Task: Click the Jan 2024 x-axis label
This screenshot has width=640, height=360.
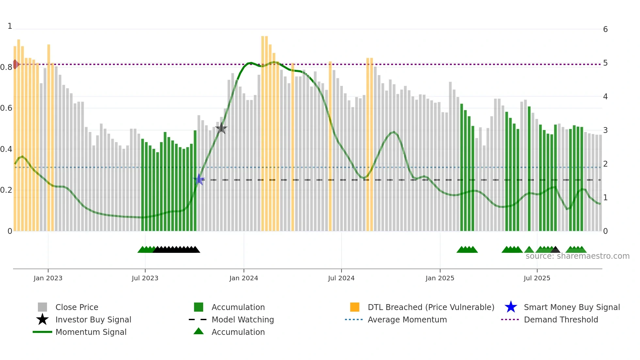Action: coord(244,278)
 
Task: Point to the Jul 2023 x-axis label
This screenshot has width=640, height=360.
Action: coord(145,278)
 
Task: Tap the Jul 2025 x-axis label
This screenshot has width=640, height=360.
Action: coord(537,278)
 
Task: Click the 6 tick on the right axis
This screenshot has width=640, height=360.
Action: coord(605,29)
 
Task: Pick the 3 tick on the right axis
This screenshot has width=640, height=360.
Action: coord(605,130)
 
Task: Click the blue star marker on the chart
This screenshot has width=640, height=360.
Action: coord(199,179)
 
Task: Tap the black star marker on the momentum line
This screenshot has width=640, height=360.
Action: coord(221,128)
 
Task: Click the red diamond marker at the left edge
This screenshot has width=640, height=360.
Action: coord(15,64)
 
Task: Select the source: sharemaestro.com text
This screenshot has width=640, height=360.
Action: coord(577,256)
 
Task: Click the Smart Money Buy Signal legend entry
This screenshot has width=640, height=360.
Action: coord(571,307)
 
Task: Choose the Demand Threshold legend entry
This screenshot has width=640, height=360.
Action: coord(561,319)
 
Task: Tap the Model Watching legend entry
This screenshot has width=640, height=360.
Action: coord(242,319)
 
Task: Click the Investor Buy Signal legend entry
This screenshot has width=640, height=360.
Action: coord(93,319)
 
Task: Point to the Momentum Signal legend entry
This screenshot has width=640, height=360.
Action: coord(91,332)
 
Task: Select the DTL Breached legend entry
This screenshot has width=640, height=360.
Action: coord(431,307)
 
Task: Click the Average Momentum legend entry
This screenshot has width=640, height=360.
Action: coord(407,319)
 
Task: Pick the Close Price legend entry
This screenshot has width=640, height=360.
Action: coord(76,307)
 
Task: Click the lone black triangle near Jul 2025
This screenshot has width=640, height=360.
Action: coord(555,250)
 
